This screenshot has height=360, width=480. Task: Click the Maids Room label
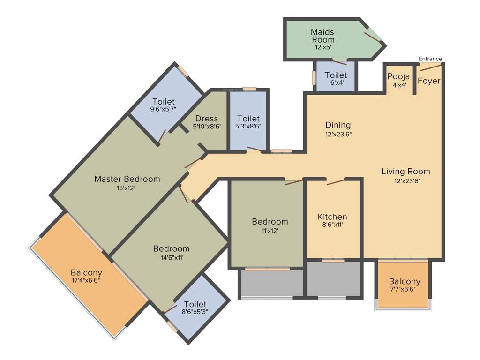click(322, 36)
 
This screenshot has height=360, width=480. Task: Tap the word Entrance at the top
click(430, 59)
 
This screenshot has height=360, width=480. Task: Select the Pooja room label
click(398, 76)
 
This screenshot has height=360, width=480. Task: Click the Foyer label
click(429, 81)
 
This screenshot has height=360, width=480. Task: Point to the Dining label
click(338, 125)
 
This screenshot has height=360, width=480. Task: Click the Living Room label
click(405, 171)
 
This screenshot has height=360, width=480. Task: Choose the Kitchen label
click(332, 217)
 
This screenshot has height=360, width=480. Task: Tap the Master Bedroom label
click(127, 179)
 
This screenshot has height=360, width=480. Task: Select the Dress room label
click(207, 118)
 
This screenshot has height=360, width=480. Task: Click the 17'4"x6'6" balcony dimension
click(86, 280)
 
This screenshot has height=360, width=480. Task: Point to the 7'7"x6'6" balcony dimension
click(405, 289)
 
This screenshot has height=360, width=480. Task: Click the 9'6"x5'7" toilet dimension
click(163, 109)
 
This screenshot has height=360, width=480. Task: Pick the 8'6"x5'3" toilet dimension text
click(195, 311)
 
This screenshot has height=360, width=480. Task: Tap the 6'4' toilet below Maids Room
click(336, 83)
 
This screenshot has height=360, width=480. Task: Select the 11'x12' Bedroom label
click(270, 221)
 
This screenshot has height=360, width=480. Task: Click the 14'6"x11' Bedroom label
click(172, 248)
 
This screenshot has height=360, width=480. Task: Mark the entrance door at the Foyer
click(430, 68)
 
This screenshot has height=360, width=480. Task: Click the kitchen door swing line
click(336, 181)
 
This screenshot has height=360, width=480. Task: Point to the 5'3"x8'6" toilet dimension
click(248, 126)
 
